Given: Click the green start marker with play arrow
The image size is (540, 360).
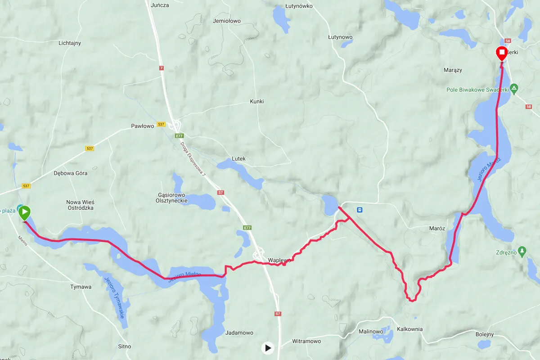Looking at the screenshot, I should pyautogui.click(x=25, y=212).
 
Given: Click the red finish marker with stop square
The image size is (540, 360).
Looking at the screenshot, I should pyautogui.click(x=502, y=54).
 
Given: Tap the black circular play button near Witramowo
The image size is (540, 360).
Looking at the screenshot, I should pyautogui.click(x=268, y=347).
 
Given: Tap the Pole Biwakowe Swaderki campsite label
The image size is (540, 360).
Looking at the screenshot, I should pyautogui.click(x=477, y=90).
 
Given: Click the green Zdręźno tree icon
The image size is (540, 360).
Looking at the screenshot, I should pyautogui.click(x=522, y=251).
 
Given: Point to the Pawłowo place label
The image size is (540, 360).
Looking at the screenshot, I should pyautogui.click(x=142, y=126).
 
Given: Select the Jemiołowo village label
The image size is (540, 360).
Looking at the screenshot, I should pyautogui.click(x=227, y=21).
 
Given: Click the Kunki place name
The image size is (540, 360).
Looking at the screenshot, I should pyautogui.click(x=257, y=102).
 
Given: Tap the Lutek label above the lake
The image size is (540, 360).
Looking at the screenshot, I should pyautogui.click(x=238, y=159).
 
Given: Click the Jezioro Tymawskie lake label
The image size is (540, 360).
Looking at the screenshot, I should pyautogui.click(x=114, y=297).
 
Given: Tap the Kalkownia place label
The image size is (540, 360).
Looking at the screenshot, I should pyautogui.click(x=409, y=329).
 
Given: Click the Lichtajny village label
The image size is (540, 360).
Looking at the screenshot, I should pyautogui.click(x=70, y=43).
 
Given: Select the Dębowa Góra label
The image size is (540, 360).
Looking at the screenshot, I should pyautogui.click(x=71, y=173).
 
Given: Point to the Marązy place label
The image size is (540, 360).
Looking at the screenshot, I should pyautogui.click(x=453, y=70).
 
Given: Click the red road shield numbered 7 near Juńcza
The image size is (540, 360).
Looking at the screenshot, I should pyautogui.click(x=162, y=68).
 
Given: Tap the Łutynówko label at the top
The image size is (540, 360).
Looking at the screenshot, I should pyautogui.click(x=299, y=6).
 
